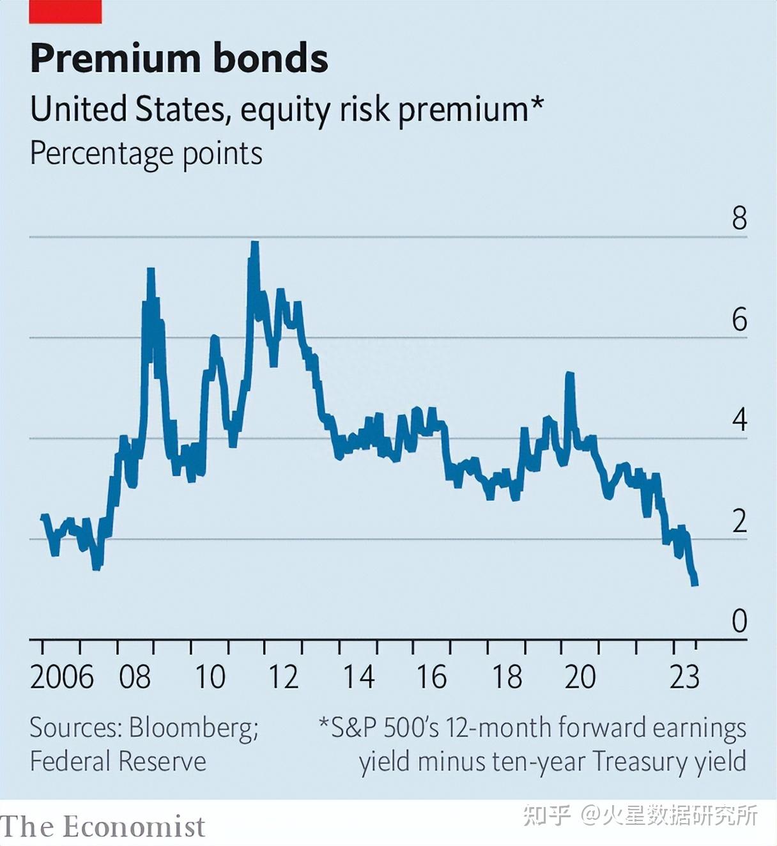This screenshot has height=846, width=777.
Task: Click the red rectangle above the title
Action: coord(65,12)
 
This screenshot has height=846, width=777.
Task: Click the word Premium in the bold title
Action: coord(112,59)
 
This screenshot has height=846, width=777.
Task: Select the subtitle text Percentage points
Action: coord(146,154)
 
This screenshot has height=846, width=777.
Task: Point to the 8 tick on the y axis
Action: coord(739,219)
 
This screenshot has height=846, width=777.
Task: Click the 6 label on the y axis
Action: coord(739,319)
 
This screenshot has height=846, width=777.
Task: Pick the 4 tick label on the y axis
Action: coord(739,420)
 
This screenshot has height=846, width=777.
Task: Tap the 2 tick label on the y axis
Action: coord(739,521)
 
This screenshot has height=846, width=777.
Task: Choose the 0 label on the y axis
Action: coord(739,621)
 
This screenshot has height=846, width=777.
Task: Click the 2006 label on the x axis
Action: coord(61,677)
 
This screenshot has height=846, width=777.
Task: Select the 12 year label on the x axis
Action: coord(283,677)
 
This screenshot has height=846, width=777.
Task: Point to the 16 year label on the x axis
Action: coord(431,677)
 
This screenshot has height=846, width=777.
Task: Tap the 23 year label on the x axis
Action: coord(684,677)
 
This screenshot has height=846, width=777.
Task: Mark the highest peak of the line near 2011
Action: coord(254,243)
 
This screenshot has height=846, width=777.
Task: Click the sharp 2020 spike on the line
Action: coord(569,375)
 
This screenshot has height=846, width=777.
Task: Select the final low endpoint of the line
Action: coord(695,583)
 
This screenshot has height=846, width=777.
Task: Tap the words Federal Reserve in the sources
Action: coord(118,762)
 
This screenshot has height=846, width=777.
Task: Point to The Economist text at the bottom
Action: coord(102,827)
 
